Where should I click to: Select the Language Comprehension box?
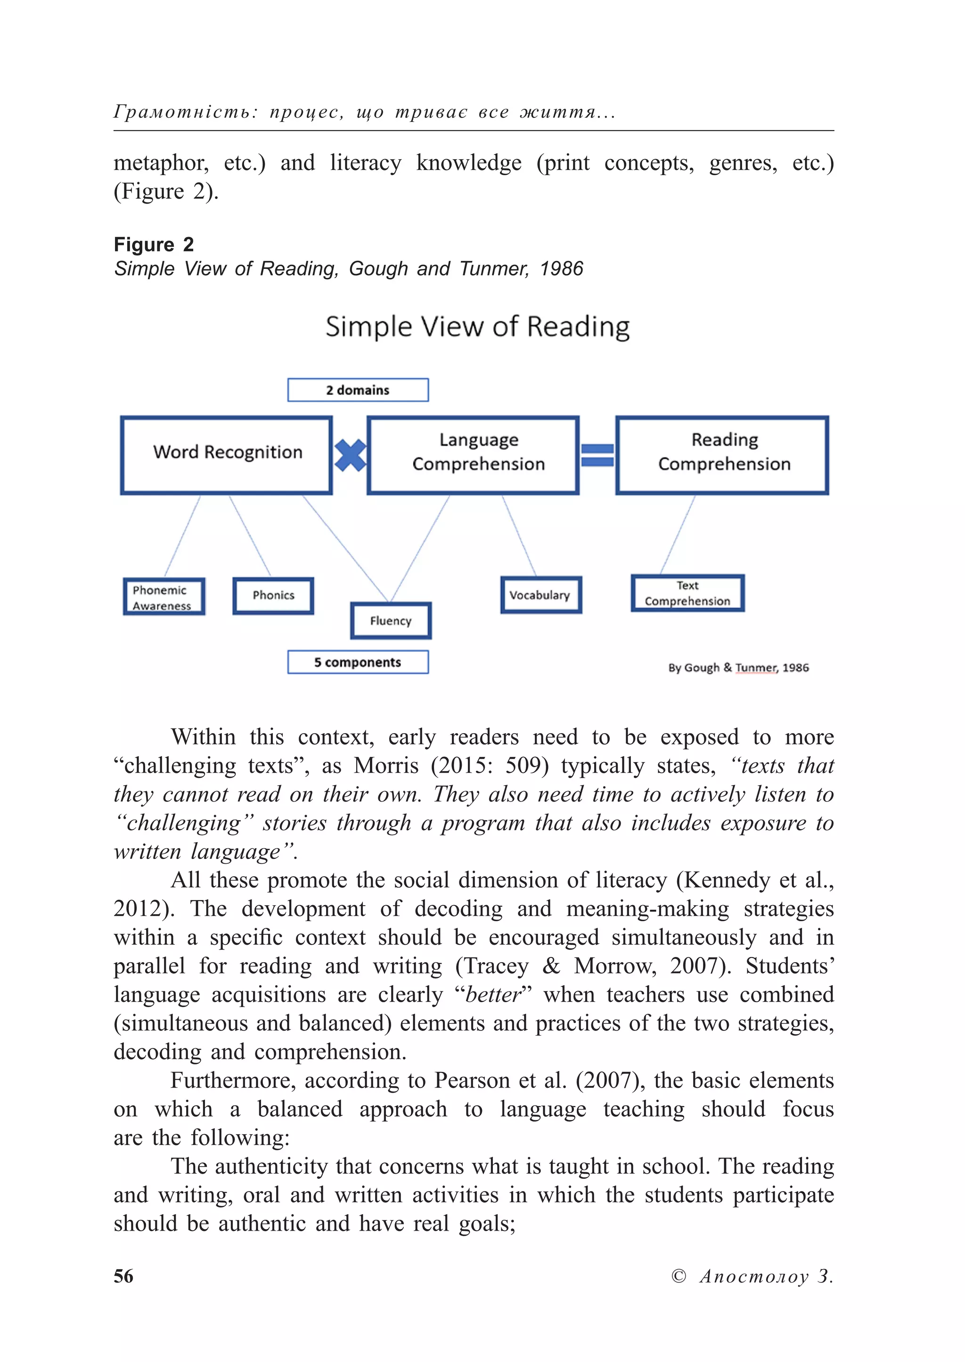473,455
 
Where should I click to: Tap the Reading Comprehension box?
722,455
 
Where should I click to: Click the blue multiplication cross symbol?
350,455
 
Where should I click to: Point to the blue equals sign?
597,455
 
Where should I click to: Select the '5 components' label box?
358,662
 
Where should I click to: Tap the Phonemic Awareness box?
164,597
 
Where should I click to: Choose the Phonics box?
273,596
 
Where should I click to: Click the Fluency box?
391,621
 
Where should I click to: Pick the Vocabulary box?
540,595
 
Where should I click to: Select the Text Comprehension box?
687,593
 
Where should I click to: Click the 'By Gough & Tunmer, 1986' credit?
739,668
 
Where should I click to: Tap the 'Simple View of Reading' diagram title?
478,327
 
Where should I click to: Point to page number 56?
123,1276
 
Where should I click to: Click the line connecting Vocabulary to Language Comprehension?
519,536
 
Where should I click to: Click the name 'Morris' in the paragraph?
386,766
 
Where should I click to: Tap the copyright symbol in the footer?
678,1276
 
